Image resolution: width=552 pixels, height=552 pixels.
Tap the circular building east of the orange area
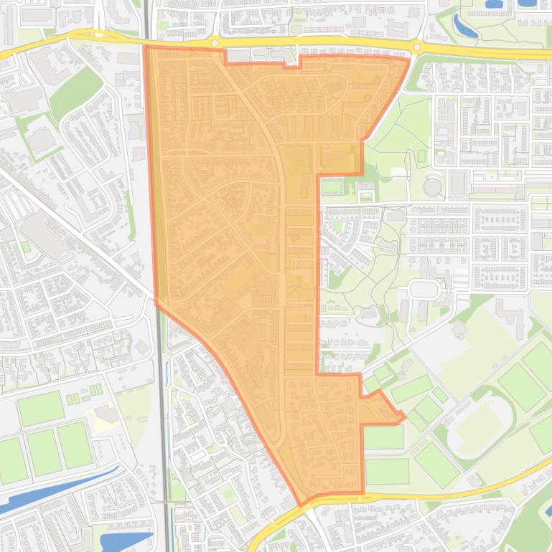pyautogui.click(x=432, y=186)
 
